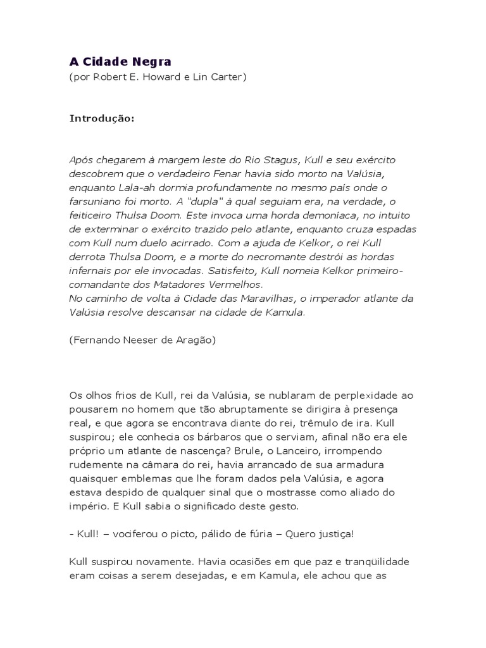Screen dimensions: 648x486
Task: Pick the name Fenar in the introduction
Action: click(225, 173)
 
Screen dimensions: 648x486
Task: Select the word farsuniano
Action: click(97, 202)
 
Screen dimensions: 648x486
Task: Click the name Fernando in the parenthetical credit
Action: click(93, 340)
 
